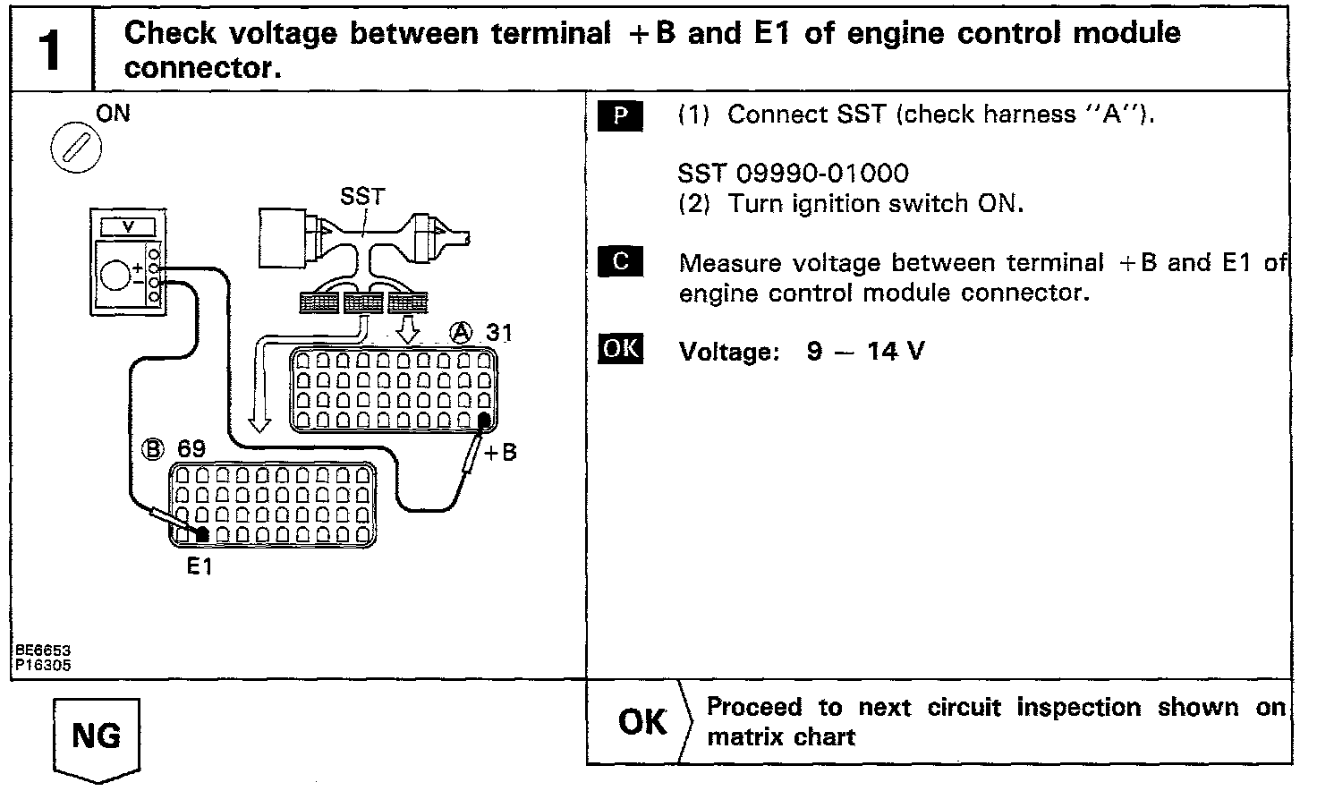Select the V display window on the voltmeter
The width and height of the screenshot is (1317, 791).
coord(127,226)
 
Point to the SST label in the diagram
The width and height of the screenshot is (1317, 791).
coord(362,196)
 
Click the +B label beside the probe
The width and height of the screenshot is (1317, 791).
coord(500,453)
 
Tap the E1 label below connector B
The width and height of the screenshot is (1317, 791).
coord(200,566)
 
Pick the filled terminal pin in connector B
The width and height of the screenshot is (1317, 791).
coord(202,534)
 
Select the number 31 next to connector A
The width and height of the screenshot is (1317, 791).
coord(499,334)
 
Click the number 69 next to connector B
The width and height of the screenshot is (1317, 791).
coord(191,448)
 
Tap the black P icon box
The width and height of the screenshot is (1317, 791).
coord(620,116)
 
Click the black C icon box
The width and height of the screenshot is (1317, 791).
coord(620,261)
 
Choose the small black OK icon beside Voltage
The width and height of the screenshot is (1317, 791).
coord(620,347)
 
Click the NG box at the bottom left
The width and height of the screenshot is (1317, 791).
coord(97,736)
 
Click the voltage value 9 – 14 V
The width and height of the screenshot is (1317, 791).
coord(865,352)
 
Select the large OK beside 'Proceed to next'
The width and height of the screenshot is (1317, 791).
coord(642,722)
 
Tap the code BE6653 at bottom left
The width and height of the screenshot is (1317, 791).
coord(42,651)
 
